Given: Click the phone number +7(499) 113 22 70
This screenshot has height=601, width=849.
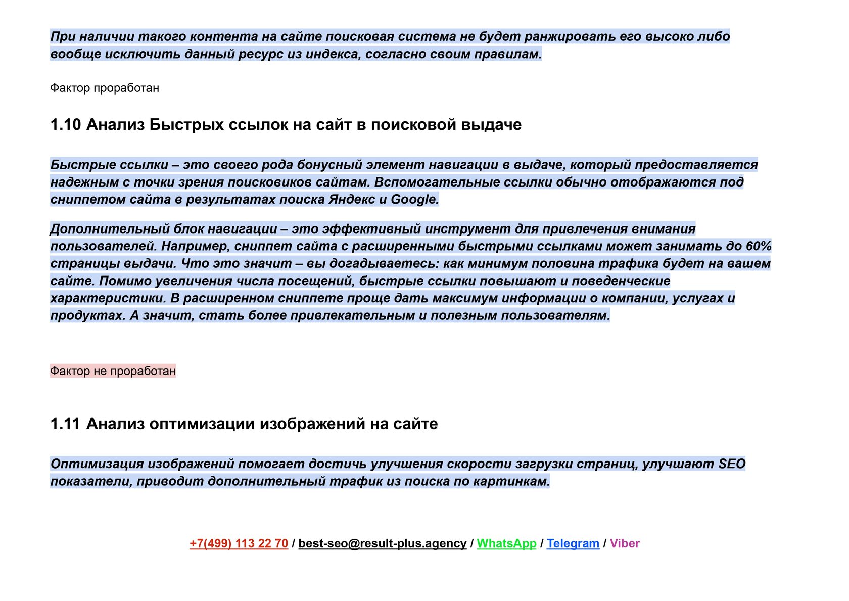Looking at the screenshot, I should [239, 543].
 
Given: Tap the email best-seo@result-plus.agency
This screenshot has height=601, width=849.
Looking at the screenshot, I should [382, 543].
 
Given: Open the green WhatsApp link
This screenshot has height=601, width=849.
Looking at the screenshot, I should [506, 543].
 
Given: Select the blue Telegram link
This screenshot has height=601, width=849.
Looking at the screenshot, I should [573, 543].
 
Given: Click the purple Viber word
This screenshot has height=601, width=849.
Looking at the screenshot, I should [625, 543].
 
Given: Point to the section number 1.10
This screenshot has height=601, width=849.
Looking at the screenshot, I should [65, 124].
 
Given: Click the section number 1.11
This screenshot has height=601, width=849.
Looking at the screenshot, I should [65, 424].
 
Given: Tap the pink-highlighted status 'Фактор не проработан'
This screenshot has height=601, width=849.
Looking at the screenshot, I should [113, 371].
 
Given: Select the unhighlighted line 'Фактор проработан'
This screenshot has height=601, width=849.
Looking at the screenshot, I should [105, 88].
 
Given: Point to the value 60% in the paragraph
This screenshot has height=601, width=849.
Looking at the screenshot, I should [759, 246].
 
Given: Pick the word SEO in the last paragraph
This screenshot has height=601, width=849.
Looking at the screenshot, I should [732, 464].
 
